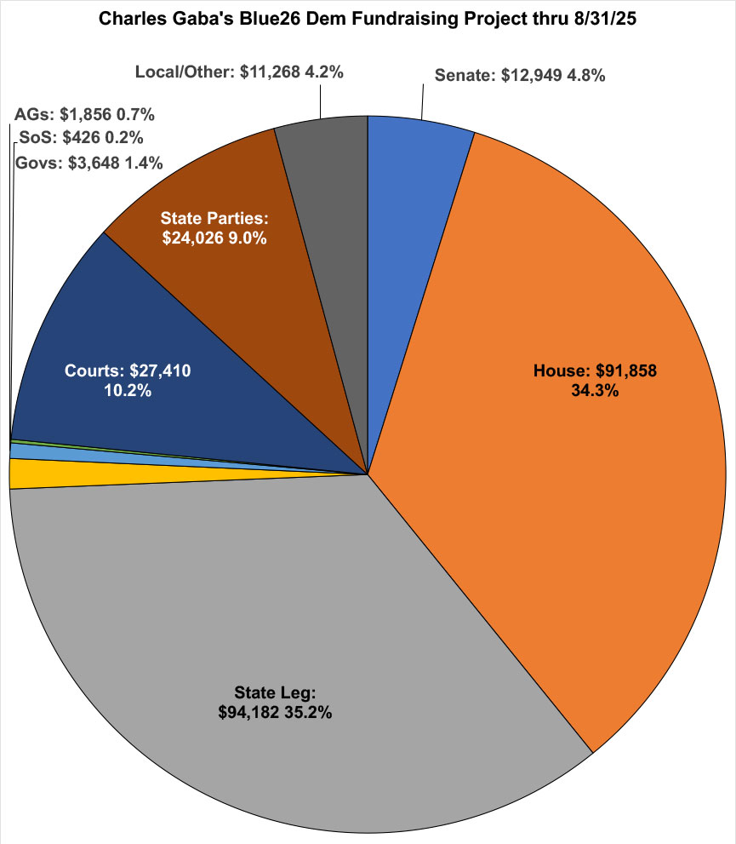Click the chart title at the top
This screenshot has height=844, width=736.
point(368,18)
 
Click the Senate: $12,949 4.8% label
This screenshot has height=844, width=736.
point(520,75)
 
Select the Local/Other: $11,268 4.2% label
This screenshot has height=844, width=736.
point(239,72)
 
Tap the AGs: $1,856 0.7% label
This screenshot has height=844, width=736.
point(84,114)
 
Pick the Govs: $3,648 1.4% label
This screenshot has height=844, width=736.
point(88,162)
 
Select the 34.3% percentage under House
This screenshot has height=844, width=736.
point(596,392)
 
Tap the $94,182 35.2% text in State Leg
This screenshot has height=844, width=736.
point(275,711)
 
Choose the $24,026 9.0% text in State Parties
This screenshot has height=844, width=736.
point(214,239)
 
